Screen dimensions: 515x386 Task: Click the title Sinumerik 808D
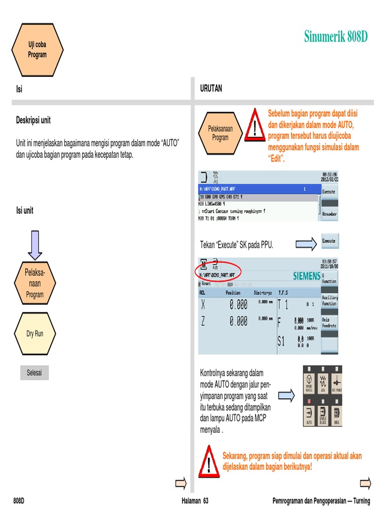coord(336,37)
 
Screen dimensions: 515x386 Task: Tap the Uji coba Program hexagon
coord(37,49)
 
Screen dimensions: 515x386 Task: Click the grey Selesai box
coord(34,373)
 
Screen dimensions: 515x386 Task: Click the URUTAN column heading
coord(211,89)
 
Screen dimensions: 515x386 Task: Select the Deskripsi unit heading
coord(34,121)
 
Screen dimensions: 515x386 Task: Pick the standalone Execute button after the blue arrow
coord(329,241)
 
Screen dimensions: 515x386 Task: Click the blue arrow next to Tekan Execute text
coord(306,244)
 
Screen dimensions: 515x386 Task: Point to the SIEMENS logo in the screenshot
coord(306,276)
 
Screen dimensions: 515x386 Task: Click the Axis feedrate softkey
coord(330,322)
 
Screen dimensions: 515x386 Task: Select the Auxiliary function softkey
coord(330,301)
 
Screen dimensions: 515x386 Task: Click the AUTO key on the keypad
coord(309,416)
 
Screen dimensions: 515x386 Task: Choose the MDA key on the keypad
coord(336,416)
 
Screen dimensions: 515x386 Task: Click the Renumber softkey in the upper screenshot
coord(329,214)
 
